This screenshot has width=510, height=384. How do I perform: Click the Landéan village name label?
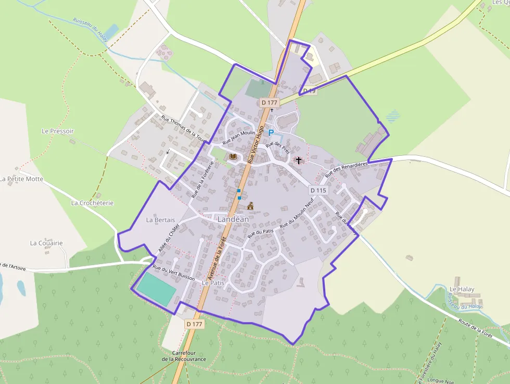click(233, 220)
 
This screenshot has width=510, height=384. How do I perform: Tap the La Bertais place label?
click(160, 220)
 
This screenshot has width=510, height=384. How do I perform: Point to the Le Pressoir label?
click(58, 131)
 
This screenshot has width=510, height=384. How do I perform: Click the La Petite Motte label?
click(22, 179)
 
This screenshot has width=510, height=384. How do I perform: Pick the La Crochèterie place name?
click(92, 203)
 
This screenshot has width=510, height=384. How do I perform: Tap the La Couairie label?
click(46, 243)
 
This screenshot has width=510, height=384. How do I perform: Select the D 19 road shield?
click(310, 91)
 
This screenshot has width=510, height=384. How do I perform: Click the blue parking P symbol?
click(271, 133)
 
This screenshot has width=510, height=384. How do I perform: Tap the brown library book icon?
click(233, 156)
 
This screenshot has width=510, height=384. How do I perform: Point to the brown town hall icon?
click(250, 206)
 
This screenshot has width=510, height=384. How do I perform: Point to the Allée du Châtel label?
click(168, 238)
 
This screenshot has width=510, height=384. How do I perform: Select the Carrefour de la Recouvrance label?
click(184, 356)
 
